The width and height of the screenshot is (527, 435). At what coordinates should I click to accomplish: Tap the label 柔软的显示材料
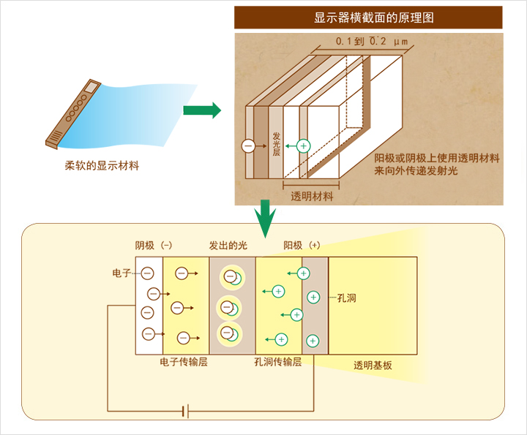[x=101, y=166]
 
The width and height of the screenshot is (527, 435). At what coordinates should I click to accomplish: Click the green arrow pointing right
[x=201, y=110]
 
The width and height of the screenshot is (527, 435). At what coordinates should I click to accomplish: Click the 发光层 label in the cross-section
[x=276, y=144]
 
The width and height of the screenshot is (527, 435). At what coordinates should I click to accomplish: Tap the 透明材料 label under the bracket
[x=312, y=197]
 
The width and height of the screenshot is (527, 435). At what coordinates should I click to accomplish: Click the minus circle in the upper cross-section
[x=248, y=146]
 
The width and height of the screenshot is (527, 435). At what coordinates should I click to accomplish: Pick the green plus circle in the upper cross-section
[x=304, y=146]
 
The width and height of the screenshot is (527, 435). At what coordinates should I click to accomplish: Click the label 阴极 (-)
[x=154, y=246]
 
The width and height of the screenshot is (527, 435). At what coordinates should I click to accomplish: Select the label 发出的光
[x=228, y=246]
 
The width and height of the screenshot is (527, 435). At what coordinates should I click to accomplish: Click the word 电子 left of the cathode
[x=122, y=273]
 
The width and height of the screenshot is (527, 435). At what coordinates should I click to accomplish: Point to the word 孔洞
[x=347, y=298]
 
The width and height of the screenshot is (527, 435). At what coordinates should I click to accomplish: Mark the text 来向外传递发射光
[x=416, y=171]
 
